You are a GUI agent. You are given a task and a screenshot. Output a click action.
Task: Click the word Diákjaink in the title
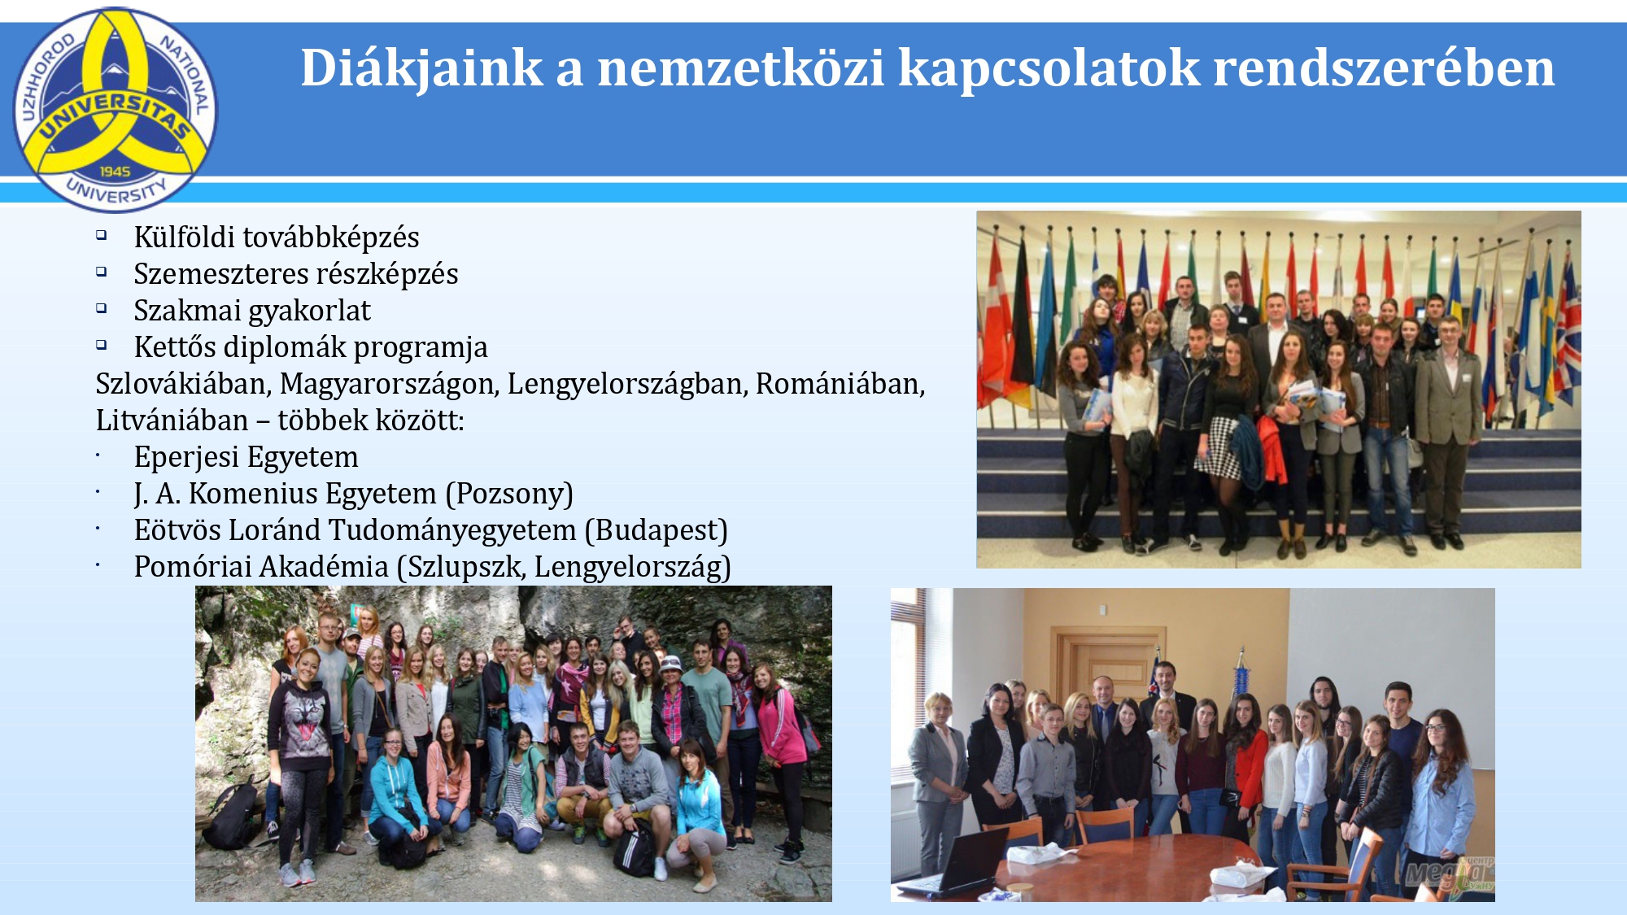(421, 68)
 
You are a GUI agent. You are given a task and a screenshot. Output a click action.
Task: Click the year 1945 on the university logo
(115, 172)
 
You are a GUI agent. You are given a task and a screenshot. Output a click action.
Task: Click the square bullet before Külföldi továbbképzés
(102, 235)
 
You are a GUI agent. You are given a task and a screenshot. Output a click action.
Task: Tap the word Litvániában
(172, 420)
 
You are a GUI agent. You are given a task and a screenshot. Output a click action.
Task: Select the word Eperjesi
(186, 457)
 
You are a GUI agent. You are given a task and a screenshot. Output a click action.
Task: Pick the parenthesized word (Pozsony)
(509, 494)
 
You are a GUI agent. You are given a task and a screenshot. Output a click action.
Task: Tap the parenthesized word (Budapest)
(656, 530)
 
